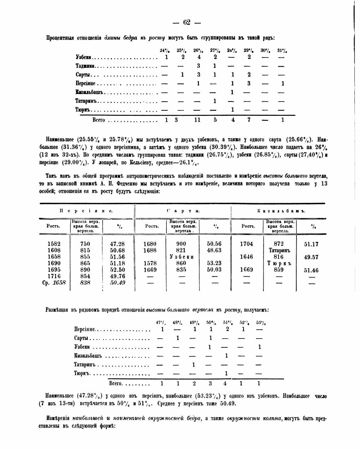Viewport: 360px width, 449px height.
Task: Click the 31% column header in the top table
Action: click(282, 50)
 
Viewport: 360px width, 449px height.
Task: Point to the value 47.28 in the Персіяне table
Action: click(117, 244)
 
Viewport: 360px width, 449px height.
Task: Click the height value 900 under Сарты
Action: click(181, 244)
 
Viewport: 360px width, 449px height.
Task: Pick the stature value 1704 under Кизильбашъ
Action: click(246, 244)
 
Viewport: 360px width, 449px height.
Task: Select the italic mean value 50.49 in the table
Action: click(117, 283)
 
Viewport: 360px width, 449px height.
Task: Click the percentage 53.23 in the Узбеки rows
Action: click(214, 263)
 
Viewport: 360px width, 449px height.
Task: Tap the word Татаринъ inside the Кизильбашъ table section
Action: click(280, 251)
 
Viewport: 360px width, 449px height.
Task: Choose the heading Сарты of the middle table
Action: click(183, 211)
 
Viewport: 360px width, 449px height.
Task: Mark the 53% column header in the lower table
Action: click(261, 323)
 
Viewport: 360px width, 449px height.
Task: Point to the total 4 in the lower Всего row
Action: click(225, 384)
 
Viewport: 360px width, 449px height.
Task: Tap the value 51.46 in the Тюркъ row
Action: click(311, 270)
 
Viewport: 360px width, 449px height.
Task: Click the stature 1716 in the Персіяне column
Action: click(54, 276)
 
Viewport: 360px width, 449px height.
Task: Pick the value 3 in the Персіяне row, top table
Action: click(249, 84)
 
